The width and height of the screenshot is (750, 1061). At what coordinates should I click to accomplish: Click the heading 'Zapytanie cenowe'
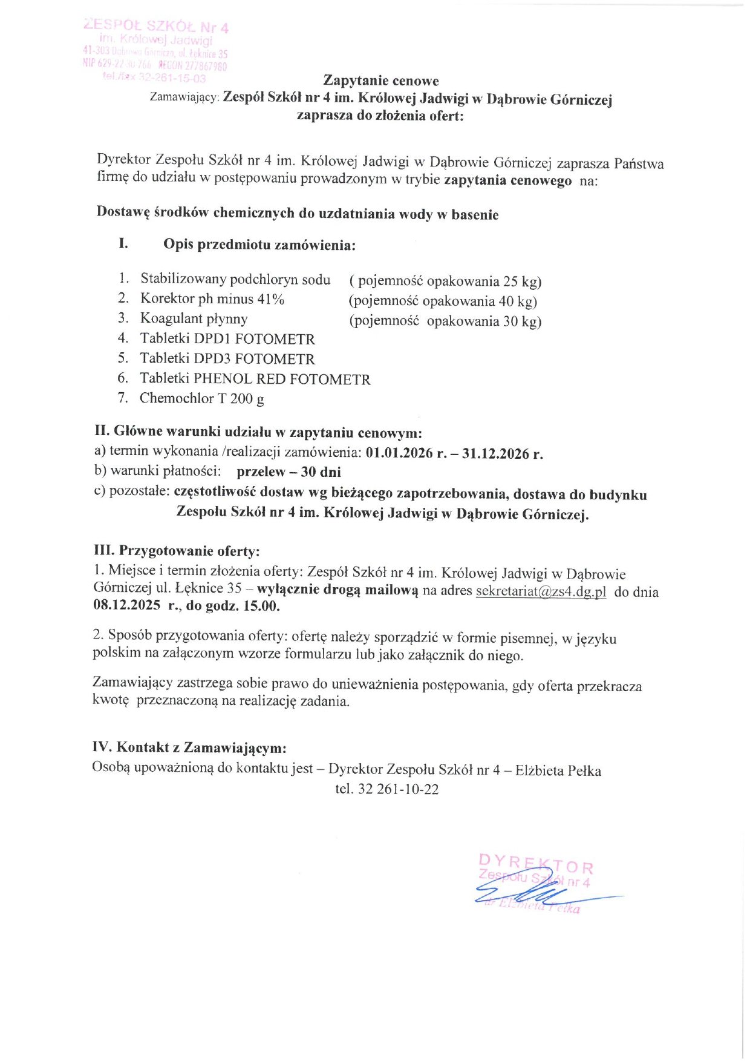click(x=381, y=80)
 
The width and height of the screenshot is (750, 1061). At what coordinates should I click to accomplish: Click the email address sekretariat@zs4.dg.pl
click(x=541, y=591)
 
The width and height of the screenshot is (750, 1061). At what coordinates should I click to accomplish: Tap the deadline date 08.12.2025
click(x=127, y=605)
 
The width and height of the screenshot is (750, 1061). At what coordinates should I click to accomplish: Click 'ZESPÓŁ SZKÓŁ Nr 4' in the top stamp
click(x=156, y=27)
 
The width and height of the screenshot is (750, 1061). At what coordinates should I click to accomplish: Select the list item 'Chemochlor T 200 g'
click(x=201, y=398)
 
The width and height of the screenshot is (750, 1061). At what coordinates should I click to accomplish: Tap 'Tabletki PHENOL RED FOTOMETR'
click(x=255, y=379)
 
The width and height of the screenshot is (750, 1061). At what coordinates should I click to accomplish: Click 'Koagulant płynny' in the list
click(x=194, y=318)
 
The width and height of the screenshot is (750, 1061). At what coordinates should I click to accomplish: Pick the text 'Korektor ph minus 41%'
click(x=212, y=298)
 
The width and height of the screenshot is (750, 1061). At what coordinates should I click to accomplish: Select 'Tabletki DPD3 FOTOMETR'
click(x=227, y=359)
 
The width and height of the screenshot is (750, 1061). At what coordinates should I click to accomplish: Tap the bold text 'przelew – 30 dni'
click(x=289, y=471)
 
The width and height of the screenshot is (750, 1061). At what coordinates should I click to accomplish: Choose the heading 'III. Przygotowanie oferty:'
click(x=177, y=551)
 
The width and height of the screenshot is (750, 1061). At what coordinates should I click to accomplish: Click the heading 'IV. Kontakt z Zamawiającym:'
click(x=189, y=747)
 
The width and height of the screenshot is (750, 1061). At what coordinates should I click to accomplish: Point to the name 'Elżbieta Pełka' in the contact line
click(x=558, y=770)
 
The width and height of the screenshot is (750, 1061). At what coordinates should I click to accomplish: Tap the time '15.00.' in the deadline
click(x=261, y=606)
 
